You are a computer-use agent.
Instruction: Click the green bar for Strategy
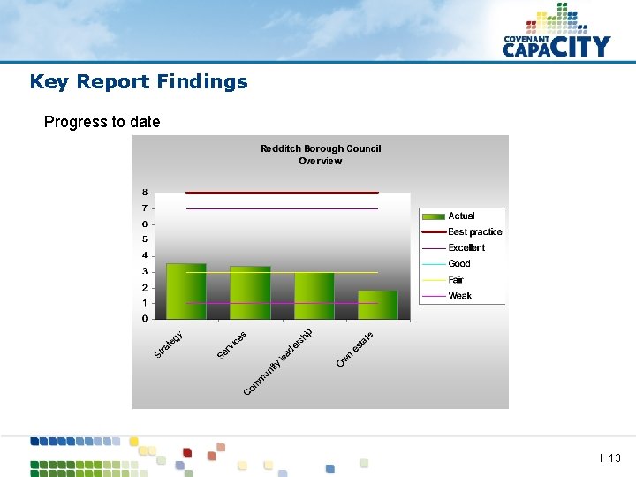[x=185, y=291]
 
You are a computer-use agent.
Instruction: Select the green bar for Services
[x=250, y=293]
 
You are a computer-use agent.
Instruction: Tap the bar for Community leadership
[x=314, y=296]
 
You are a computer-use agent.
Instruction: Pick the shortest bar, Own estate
[x=377, y=305]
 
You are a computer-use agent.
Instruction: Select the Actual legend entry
[x=461, y=216]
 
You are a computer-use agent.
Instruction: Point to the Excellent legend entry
[x=466, y=248]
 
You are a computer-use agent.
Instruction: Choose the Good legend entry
[x=459, y=264]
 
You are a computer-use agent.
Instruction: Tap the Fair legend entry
[x=456, y=280]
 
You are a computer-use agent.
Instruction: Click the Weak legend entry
[x=459, y=296]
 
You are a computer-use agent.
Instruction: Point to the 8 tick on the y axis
[x=145, y=193]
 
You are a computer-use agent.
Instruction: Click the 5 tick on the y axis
[x=145, y=240]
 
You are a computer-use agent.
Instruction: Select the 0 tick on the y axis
[x=145, y=319]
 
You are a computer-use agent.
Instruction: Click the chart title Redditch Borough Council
[x=321, y=149]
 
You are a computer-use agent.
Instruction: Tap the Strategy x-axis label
[x=169, y=344]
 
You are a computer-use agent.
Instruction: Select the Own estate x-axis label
[x=355, y=349]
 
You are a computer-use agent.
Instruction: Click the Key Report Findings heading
[x=139, y=82]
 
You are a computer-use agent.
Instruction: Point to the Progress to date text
[x=102, y=122]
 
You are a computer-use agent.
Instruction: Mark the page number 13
[x=615, y=458]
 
